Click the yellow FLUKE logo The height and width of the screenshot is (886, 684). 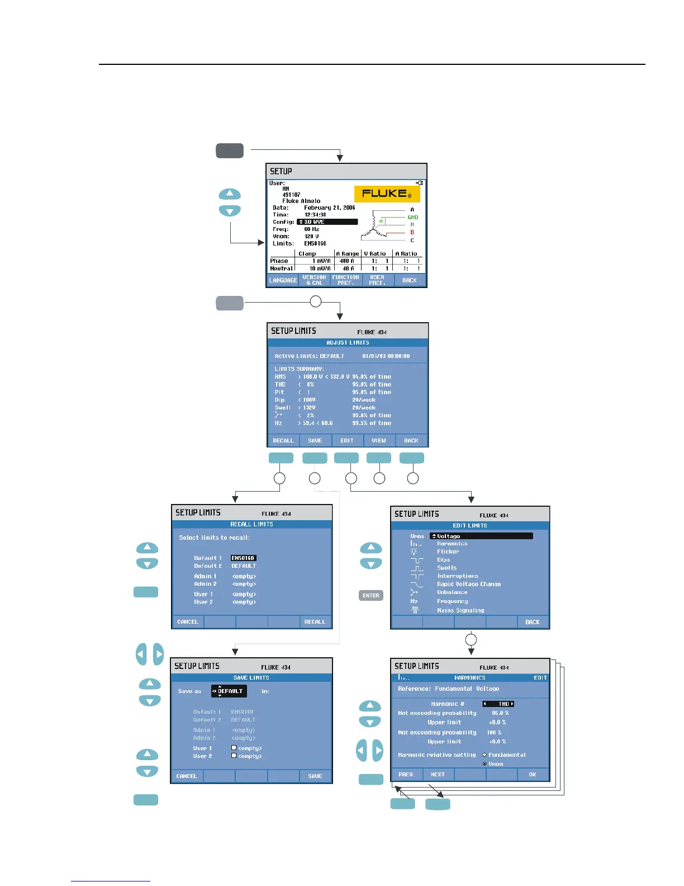pos(387,194)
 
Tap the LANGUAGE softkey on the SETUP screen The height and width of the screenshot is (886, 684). pos(283,280)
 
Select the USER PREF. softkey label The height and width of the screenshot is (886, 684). pos(377,280)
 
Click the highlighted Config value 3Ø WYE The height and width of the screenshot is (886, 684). pos(327,222)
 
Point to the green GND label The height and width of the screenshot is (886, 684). pos(413,218)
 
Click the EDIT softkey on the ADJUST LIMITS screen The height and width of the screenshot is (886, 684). pos(347,441)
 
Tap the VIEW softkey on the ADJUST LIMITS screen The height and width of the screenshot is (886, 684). pos(379,441)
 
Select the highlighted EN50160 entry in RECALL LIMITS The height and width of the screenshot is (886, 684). pos(243,558)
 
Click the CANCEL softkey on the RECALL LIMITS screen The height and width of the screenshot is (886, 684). pos(188,622)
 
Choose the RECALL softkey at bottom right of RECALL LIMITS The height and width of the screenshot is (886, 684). pos(315,622)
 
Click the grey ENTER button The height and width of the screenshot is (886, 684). pos(370,596)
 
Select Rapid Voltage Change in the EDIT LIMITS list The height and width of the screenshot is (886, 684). pos(469,584)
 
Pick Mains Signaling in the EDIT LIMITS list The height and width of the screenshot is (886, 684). pos(460,610)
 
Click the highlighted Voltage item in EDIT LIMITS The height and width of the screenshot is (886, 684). pos(481,536)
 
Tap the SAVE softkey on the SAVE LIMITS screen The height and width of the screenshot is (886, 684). pos(315,776)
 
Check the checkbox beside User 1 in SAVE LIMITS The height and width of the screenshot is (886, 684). pos(234,748)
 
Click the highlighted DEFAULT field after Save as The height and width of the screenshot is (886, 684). pos(229,691)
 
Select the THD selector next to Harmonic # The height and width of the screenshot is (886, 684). pos(498,704)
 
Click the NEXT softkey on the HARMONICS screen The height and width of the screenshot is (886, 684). pos(438,775)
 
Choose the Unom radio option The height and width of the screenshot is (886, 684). pos(485,764)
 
